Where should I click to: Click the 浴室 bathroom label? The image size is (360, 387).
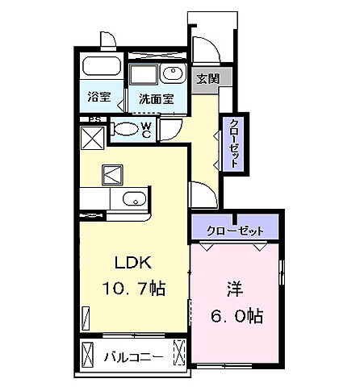(x=100, y=100)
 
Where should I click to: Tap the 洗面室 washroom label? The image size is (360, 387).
(x=157, y=100)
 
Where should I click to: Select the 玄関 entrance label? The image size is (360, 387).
(x=207, y=78)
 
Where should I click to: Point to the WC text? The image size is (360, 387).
(x=146, y=129)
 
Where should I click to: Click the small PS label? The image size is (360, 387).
(x=94, y=121)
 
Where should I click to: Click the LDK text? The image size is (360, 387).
(x=130, y=264)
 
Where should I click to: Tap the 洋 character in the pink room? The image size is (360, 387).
(x=234, y=288)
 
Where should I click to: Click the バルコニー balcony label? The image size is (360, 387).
(x=134, y=355)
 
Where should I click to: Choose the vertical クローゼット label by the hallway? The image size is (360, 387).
(x=233, y=142)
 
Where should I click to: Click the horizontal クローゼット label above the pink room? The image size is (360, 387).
(x=235, y=230)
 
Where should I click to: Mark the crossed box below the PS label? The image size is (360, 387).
(x=91, y=139)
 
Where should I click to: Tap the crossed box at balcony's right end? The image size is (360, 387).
(x=180, y=353)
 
